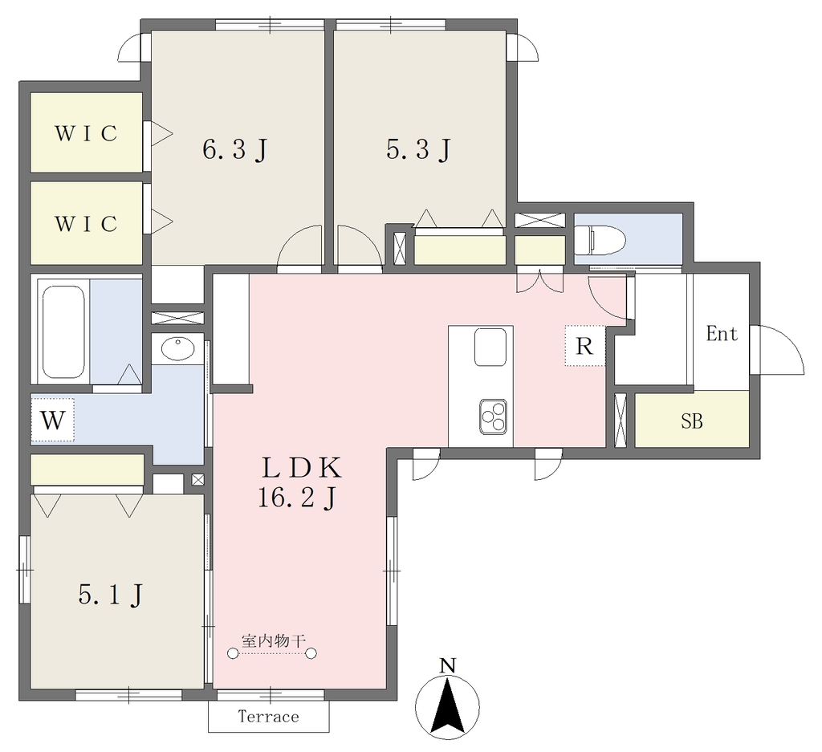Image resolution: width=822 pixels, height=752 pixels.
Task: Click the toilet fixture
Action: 600,240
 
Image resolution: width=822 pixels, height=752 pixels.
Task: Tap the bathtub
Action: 63,331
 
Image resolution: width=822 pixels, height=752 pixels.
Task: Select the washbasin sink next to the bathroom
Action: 177,349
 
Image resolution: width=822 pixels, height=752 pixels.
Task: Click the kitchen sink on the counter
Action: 490,347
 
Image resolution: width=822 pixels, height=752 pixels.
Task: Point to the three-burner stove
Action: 494,417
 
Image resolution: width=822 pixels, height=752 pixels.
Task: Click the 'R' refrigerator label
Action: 584,347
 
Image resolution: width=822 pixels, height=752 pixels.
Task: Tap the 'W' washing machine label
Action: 53,421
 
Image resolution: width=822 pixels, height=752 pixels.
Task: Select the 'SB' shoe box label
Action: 692,421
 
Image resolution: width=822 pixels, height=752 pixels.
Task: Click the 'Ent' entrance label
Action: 722,334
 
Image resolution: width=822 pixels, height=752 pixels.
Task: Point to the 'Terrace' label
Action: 268,717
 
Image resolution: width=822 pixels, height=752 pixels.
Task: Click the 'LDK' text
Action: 302,468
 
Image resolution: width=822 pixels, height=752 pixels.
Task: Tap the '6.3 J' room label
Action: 235,150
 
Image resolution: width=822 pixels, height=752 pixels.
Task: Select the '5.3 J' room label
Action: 418,149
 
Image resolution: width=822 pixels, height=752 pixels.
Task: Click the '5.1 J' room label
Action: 111,595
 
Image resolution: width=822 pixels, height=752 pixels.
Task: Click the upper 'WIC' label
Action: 86,134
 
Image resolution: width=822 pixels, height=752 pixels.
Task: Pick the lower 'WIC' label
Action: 86,224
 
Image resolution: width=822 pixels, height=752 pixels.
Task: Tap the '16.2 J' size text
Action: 297,498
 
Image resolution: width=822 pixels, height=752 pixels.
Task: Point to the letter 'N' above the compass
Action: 447,666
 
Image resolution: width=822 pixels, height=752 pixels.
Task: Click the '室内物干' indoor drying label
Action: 273,640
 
